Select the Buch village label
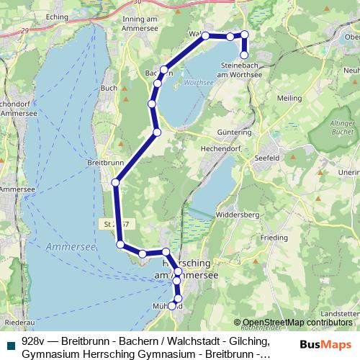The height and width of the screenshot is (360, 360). pyautogui.click(x=109, y=88)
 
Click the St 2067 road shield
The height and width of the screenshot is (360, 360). pyautogui.click(x=114, y=224)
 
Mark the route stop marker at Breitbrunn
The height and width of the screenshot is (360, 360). pyautogui.click(x=115, y=184)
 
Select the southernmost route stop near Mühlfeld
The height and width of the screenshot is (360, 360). pyautogui.click(x=172, y=306)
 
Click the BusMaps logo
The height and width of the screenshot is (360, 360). pyautogui.click(x=326, y=346)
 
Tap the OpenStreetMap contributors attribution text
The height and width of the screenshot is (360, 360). pyautogui.click(x=296, y=323)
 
